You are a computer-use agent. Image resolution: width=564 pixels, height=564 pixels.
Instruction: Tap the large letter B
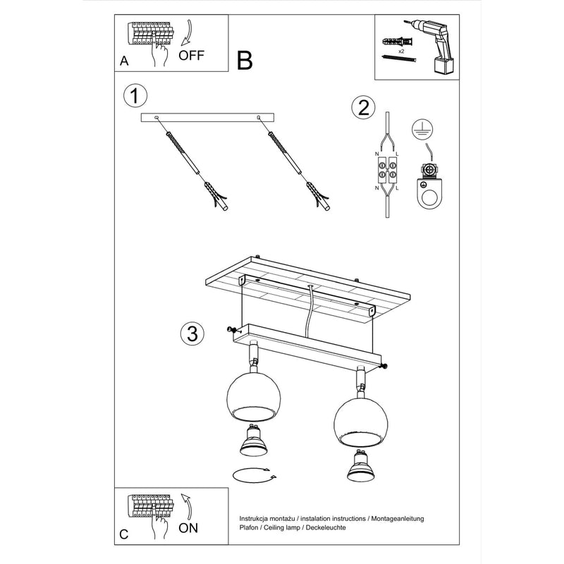(244, 61)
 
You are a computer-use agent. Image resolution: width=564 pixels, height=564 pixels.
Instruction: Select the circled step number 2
(363, 108)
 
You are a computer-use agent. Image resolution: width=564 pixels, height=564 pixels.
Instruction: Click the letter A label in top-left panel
(124, 61)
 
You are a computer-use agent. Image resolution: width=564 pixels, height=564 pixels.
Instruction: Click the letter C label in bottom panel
(124, 534)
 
